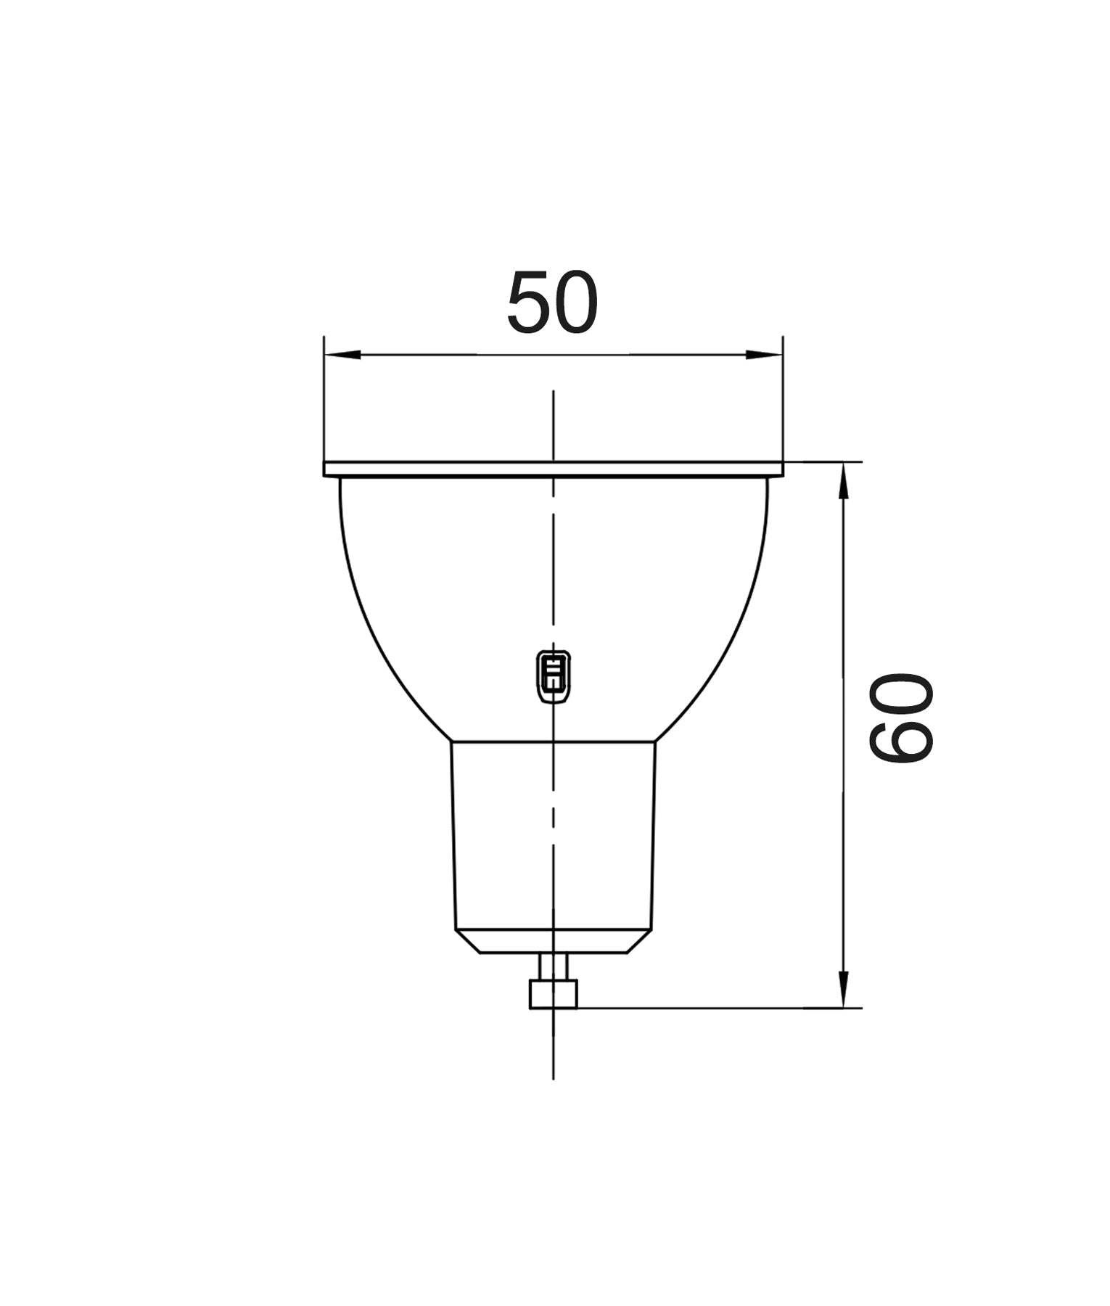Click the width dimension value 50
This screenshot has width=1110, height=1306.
point(552,302)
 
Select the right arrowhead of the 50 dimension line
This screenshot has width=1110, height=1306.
point(765,355)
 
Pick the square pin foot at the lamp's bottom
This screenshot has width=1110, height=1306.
point(554,994)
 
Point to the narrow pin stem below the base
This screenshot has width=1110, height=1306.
point(554,967)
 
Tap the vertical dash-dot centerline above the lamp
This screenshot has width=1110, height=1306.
point(554,424)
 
